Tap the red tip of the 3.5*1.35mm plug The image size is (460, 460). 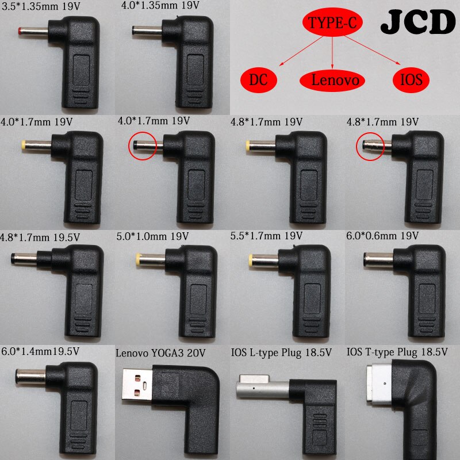[21, 29]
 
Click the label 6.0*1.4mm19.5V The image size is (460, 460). [39, 350]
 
